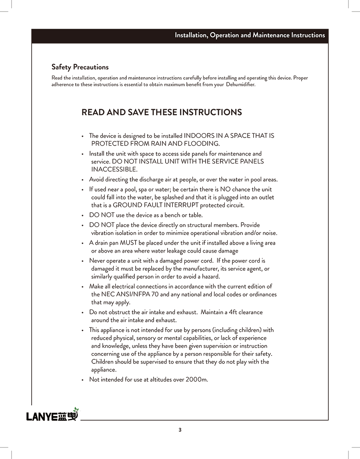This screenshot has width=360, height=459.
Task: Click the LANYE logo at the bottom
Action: pos(52,415)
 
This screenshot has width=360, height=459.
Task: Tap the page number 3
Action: pos(180,430)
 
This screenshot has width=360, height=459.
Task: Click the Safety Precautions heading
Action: pos(80,67)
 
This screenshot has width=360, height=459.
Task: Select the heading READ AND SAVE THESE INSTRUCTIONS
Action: pos(162,112)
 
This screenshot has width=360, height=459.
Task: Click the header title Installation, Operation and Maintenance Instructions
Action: pos(250,35)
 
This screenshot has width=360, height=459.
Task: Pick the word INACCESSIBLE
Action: pos(114,170)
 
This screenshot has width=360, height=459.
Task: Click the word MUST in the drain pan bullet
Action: pos(128,243)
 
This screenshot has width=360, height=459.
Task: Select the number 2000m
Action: pos(197,379)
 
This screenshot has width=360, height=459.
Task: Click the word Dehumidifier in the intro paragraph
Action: pos(240,85)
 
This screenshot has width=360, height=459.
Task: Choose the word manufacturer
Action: pos(198,269)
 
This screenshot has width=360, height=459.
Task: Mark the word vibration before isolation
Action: pos(102,233)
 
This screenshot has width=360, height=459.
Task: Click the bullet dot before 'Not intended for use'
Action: pos(82,380)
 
